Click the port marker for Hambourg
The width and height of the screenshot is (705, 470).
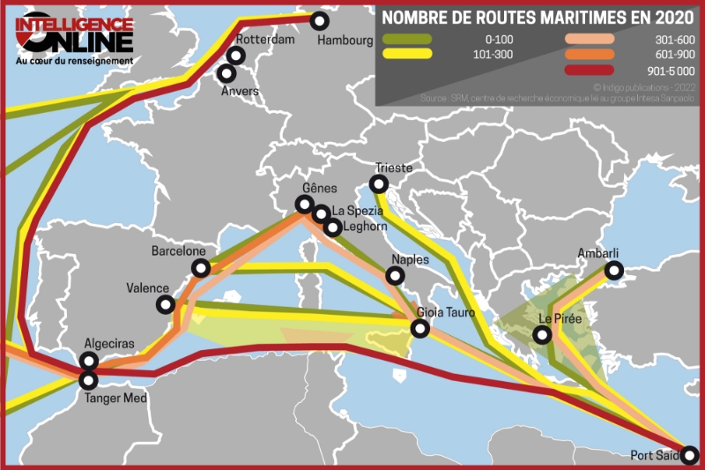pos(320,20)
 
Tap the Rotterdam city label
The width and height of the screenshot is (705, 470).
pos(265,40)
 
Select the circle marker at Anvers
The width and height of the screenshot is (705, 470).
pos(227,73)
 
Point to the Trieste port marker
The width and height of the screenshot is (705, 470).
pos(379,184)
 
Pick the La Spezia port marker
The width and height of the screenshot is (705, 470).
pos(322,213)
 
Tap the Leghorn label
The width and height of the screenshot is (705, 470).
pos(366,227)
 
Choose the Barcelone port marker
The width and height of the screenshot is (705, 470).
pos(201,268)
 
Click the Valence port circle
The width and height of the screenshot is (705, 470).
pos(165,304)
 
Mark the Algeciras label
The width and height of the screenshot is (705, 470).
pos(110,343)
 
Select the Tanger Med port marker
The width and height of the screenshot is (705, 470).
pos(89,380)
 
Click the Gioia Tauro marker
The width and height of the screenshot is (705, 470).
pos(420,329)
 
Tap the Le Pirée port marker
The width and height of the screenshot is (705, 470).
pos(542,334)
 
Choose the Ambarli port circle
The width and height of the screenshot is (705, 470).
pos(614,270)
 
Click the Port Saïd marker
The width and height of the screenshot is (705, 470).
pos(690,455)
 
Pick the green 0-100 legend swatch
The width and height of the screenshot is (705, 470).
pos(406,39)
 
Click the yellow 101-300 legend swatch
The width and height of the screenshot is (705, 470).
pos(406,54)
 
